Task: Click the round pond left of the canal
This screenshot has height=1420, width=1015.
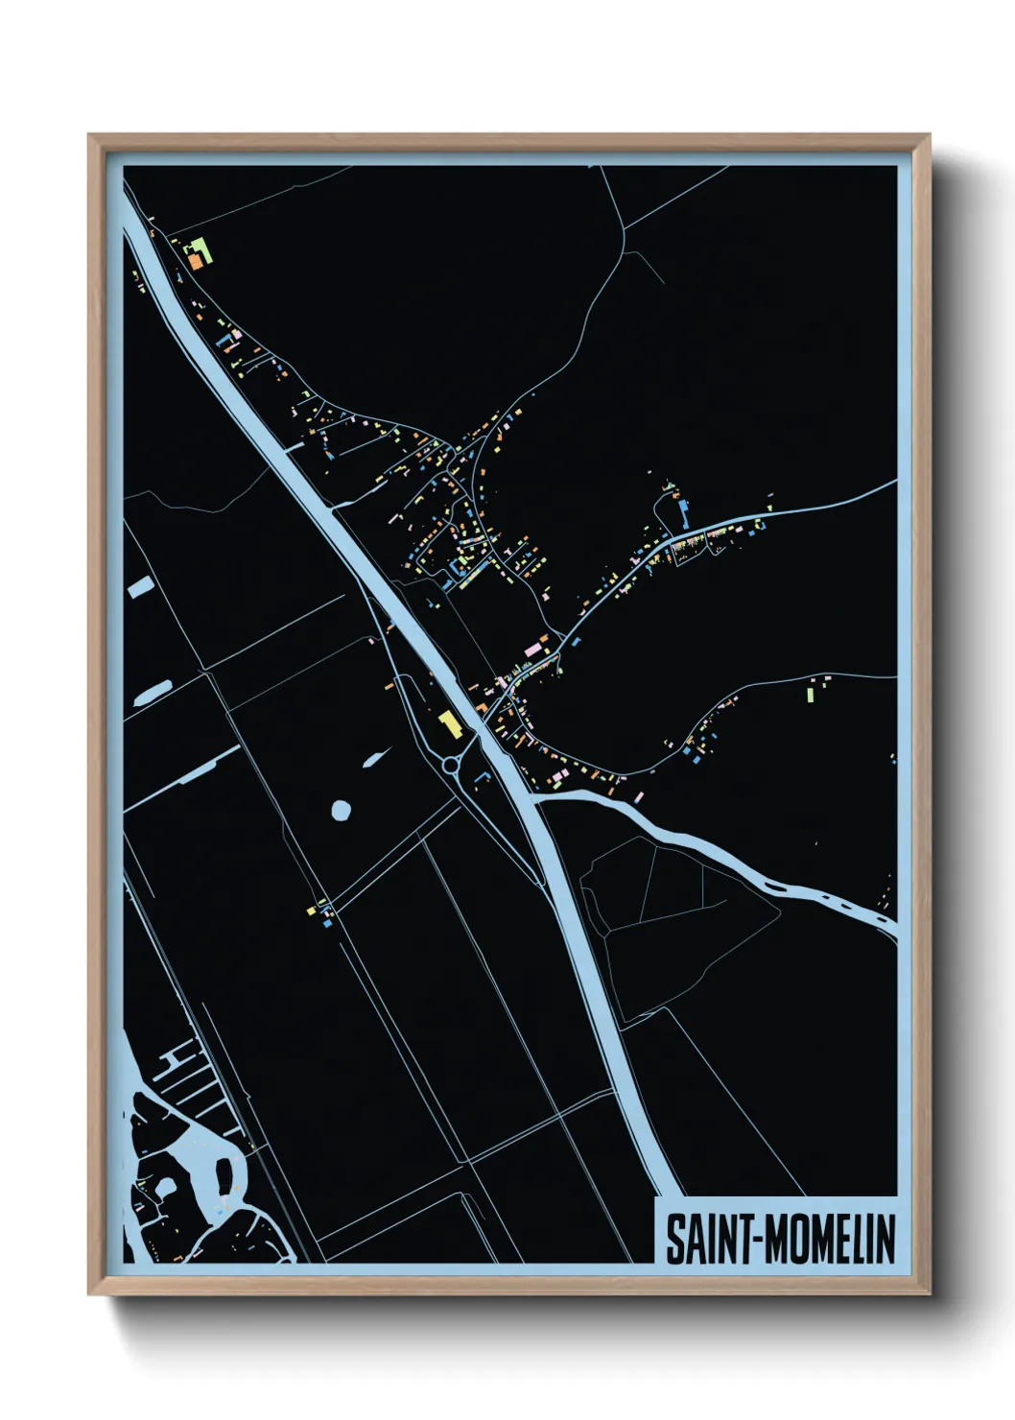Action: [341, 810]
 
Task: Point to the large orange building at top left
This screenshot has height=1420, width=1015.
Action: [195, 260]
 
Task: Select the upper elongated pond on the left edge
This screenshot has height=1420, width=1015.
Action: [140, 586]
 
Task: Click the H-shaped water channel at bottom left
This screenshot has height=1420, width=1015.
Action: [174, 1060]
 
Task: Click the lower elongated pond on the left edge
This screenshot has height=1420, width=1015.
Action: [152, 693]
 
